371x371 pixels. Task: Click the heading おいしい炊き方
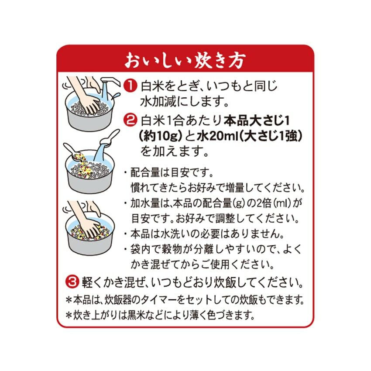(x=185, y=60)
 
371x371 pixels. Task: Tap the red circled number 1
(x=131, y=86)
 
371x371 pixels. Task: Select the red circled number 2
(x=131, y=120)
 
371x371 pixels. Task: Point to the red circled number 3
(x=72, y=282)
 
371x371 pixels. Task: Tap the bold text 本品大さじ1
(x=257, y=121)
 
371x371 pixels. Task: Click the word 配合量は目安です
(x=172, y=172)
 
